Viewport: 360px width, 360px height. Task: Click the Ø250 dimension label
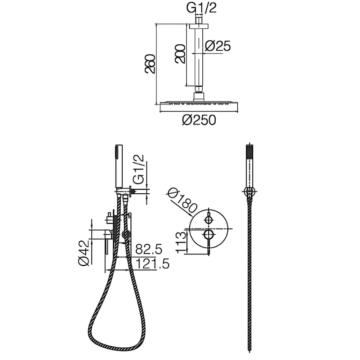199,120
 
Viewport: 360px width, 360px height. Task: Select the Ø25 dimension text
218,46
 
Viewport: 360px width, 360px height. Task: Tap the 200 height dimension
180,54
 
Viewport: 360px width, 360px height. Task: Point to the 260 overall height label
150,64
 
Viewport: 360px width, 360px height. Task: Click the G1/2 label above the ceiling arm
201,8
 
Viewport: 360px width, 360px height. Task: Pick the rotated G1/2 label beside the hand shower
139,169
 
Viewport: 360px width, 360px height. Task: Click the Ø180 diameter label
182,200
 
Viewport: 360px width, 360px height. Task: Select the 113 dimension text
181,242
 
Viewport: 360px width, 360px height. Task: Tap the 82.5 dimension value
149,249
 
